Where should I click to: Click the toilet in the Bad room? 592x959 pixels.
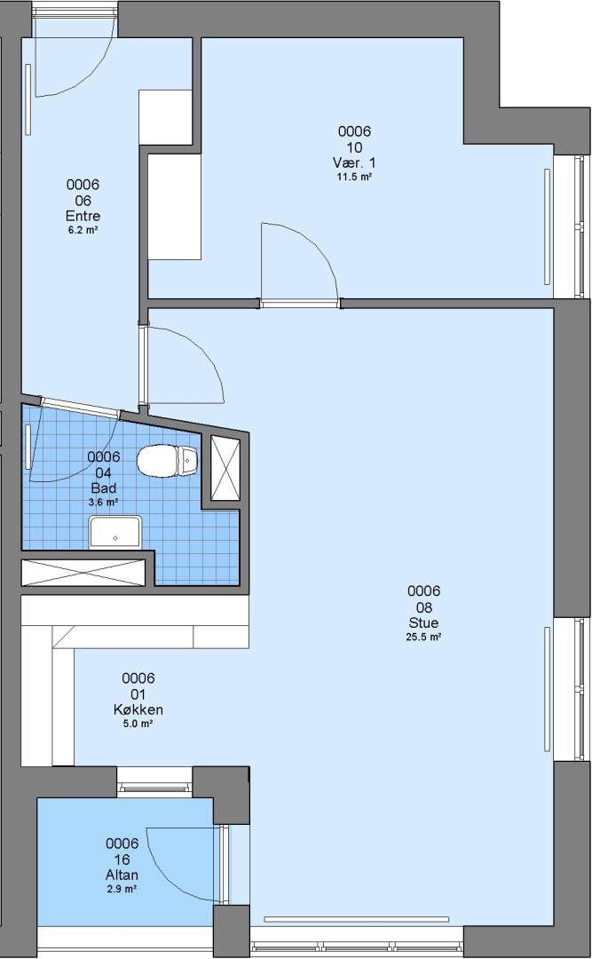tap(167, 461)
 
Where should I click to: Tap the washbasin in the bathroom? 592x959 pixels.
tap(115, 532)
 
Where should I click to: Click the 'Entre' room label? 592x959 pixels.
tap(83, 216)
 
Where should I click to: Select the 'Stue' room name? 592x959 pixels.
tap(423, 622)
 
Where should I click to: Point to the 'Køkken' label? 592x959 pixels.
tap(138, 709)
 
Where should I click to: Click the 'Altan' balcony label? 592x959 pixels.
tap(122, 875)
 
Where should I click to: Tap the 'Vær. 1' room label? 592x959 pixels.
tap(354, 162)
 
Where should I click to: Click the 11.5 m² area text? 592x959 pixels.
tap(354, 177)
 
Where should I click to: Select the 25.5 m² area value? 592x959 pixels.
tap(423, 637)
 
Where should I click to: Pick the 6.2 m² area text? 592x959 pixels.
tap(83, 230)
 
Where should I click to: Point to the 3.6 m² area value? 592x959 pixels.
tap(103, 502)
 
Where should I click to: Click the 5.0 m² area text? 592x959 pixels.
tap(138, 724)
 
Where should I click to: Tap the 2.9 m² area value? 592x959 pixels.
tap(122, 889)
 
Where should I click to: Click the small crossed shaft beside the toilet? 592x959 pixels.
tap(225, 467)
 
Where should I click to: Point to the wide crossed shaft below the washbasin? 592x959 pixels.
tap(83, 573)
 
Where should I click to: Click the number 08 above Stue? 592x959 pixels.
tap(424, 607)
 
